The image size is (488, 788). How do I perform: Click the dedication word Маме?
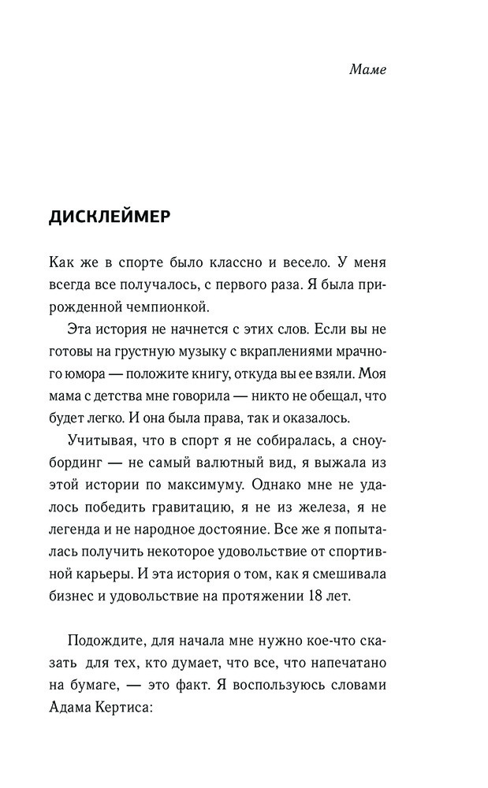tap(367, 69)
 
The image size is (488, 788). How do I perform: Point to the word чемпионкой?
tap(172, 304)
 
